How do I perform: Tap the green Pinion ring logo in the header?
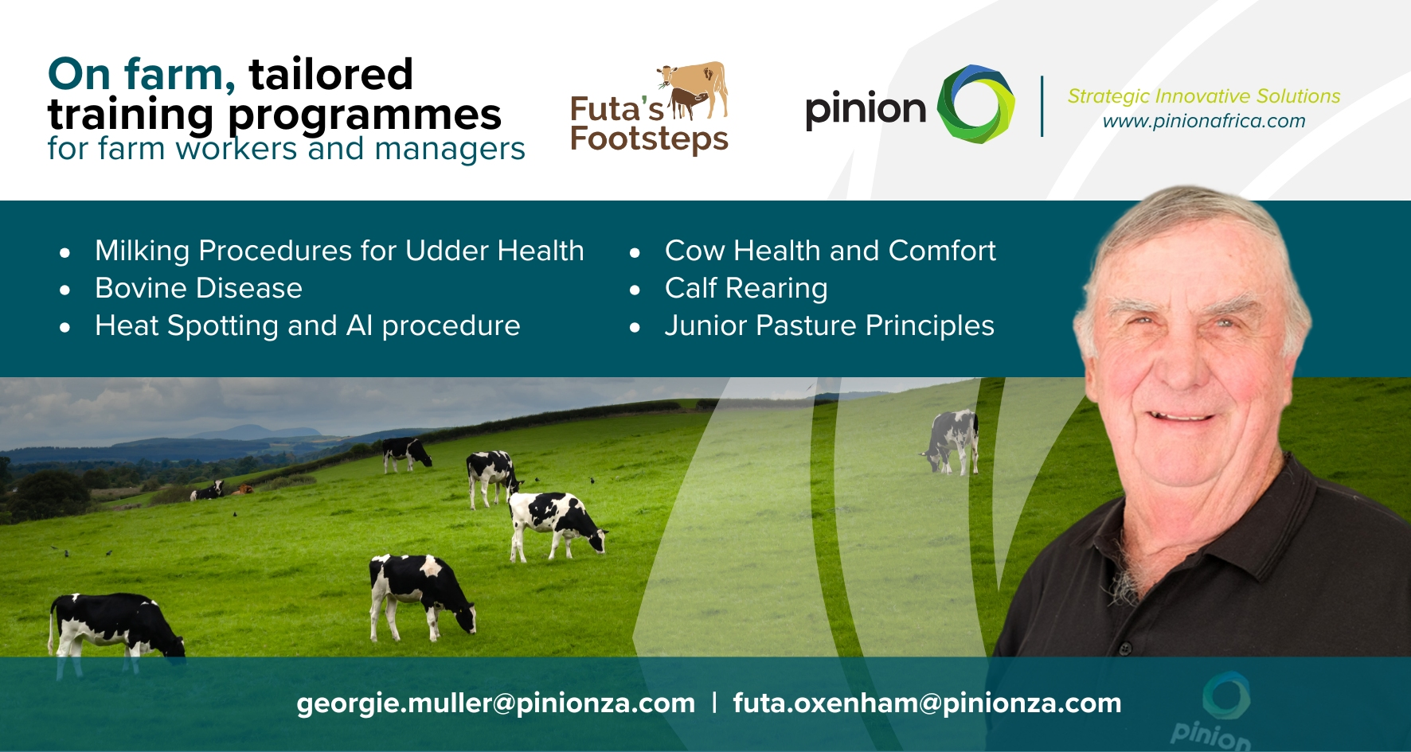(976, 104)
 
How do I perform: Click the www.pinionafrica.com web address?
(1204, 121)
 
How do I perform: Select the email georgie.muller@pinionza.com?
(495, 703)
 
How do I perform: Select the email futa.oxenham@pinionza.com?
(927, 703)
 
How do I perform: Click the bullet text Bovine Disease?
(198, 288)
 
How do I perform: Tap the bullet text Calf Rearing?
(746, 289)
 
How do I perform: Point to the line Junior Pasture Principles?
(830, 326)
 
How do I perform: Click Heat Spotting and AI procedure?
(307, 326)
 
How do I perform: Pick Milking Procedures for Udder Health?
(339, 251)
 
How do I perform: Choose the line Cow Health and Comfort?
(831, 251)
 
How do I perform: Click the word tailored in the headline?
(331, 74)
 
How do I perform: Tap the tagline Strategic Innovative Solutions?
(1204, 96)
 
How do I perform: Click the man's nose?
(1179, 362)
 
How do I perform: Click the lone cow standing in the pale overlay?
(952, 441)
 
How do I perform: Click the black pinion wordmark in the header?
(866, 109)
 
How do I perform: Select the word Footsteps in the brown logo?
(649, 140)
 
